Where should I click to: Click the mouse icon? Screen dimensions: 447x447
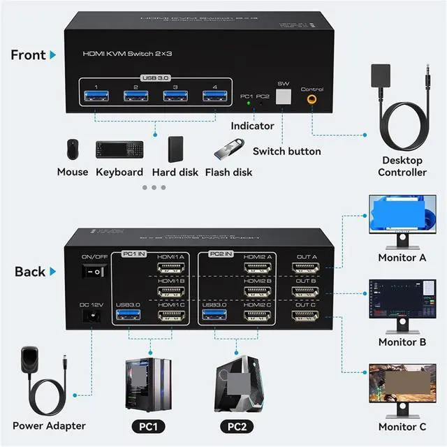coord(72,149)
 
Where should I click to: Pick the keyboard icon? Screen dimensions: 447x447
coord(119,149)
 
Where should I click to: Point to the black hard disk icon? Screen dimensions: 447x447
coord(175,149)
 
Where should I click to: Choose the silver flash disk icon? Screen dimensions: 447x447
coord(227,149)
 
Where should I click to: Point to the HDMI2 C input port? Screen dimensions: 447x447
coord(258,316)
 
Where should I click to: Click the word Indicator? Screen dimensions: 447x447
coord(253,126)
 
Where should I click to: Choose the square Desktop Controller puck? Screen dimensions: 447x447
coord(381,74)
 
